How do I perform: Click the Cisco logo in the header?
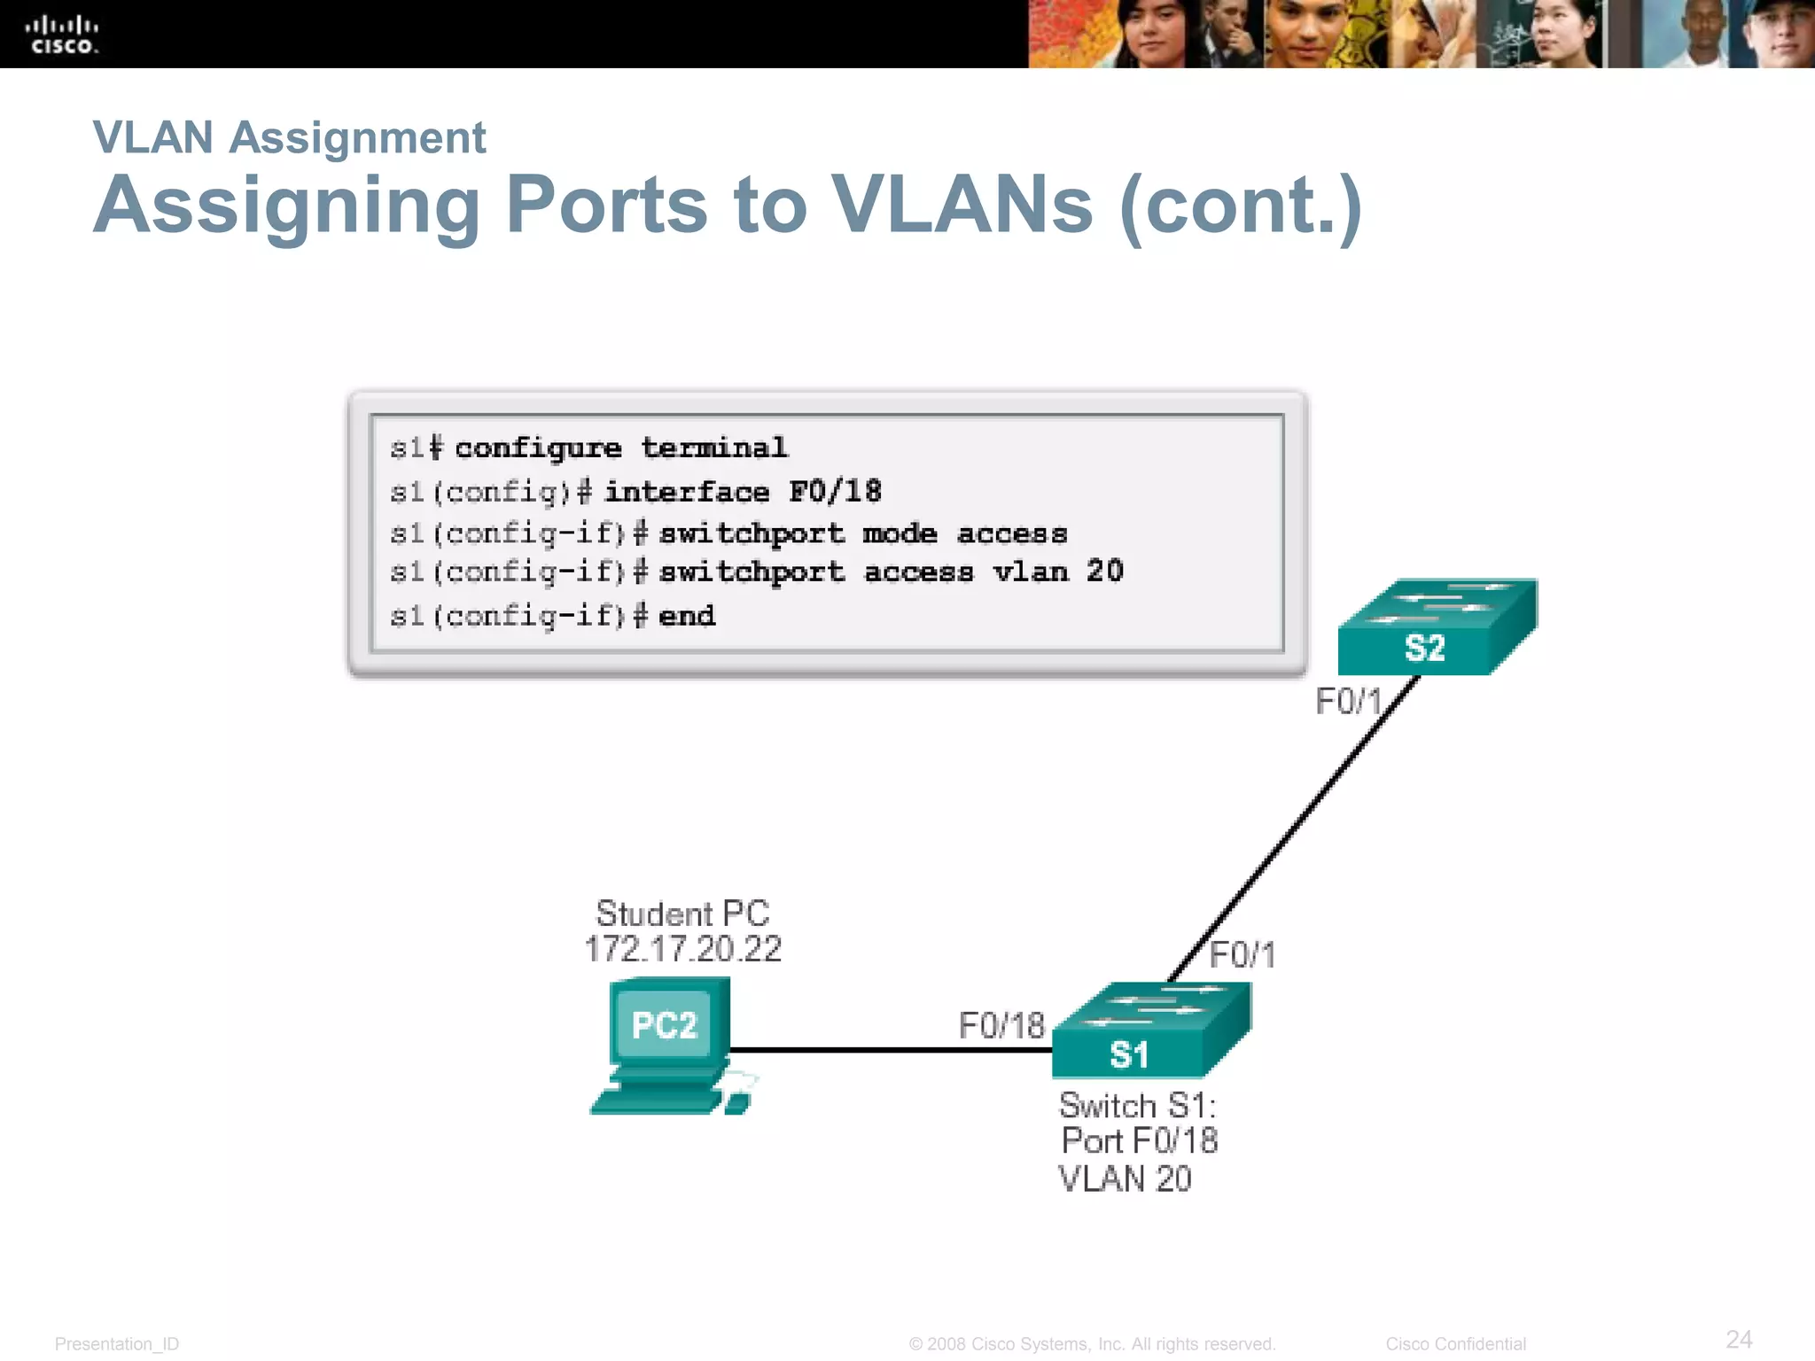62,35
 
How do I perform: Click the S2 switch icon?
1436,628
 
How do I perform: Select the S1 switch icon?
1149,1031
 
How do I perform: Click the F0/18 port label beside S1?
1001,1026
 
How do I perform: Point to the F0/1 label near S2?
1348,702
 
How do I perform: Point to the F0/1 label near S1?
1242,955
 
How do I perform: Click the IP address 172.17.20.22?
682,950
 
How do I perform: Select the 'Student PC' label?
682,914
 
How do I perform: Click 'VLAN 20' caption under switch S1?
1125,1179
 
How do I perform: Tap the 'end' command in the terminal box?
686,616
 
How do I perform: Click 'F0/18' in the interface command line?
835,492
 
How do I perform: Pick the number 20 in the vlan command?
1104,572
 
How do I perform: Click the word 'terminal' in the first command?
714,448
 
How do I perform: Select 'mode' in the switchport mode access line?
900,533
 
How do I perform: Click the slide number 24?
1739,1339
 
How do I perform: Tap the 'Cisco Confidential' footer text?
1455,1344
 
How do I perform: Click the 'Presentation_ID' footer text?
117,1344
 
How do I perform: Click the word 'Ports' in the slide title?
607,206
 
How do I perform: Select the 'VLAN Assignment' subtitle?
289,138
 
